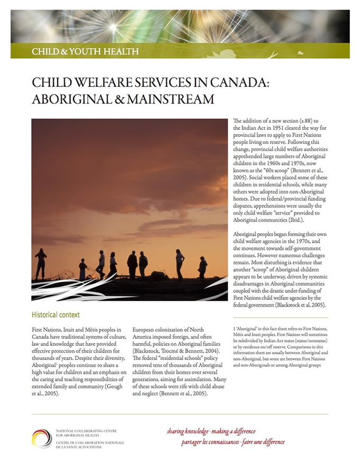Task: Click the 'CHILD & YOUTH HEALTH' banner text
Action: click(85, 51)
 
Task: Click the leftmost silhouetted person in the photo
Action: click(41, 264)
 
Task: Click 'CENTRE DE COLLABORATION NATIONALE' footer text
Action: click(87, 442)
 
